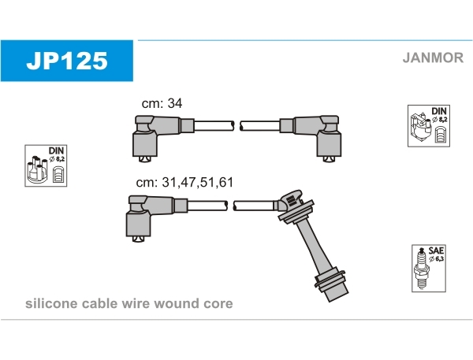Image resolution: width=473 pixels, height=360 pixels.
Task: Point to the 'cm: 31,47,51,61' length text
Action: click(184, 182)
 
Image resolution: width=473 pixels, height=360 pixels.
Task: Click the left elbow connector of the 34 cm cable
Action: click(151, 135)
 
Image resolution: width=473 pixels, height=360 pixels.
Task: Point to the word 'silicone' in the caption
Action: click(50, 303)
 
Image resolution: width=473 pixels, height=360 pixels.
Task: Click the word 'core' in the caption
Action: click(218, 303)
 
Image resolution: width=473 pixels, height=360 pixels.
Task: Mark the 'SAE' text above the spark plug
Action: click(435, 250)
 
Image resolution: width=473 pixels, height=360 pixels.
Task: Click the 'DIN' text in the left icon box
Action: click(56, 150)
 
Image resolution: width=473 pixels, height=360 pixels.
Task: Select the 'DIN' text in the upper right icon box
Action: click(438, 111)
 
